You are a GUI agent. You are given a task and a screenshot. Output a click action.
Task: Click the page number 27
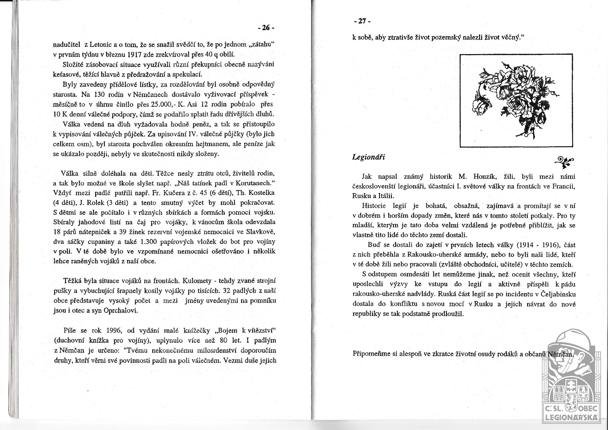tap(362, 21)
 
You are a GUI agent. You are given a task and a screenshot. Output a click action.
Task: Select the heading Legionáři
tap(368, 157)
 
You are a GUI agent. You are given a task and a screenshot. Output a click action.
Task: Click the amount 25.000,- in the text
tap(164, 104)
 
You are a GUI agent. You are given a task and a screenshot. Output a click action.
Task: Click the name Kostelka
tap(262, 193)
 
